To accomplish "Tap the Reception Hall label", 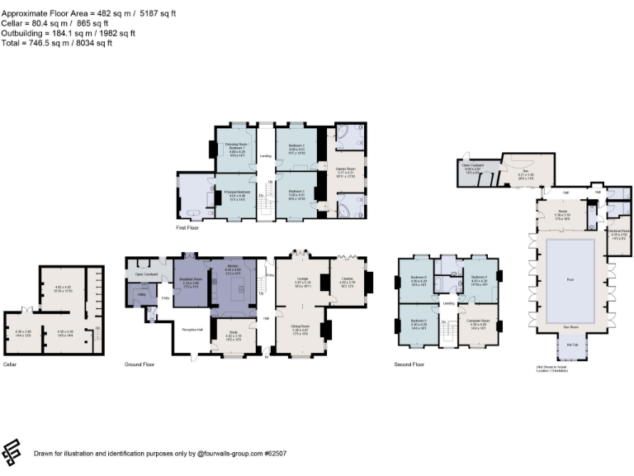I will point(192,329).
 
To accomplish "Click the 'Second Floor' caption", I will point(410,364).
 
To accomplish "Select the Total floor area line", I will point(57,42).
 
